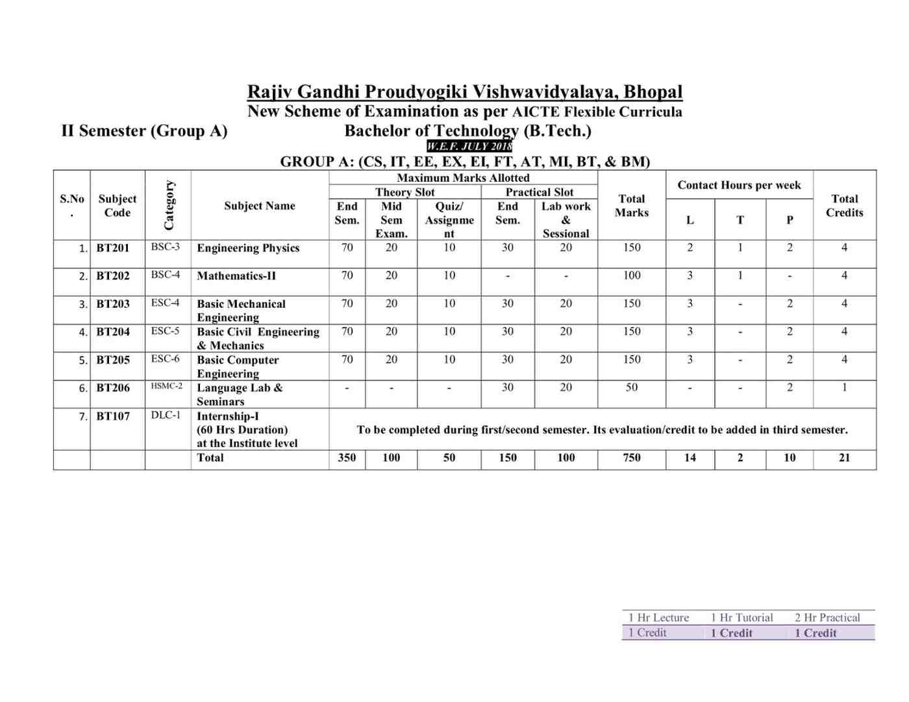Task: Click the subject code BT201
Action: (113, 248)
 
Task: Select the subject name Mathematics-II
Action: (236, 276)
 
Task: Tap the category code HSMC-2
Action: (167, 386)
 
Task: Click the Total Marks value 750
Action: (632, 458)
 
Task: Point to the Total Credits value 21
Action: (844, 458)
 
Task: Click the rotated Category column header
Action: (169, 205)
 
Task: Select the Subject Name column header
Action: (260, 206)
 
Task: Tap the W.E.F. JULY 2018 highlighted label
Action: (469, 146)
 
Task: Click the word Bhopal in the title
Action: (653, 92)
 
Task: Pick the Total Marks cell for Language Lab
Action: (632, 388)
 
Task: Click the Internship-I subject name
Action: (228, 416)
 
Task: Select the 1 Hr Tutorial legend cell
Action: (741, 618)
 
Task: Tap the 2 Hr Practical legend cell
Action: (827, 618)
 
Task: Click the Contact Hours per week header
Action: (739, 185)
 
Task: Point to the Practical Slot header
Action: (540, 192)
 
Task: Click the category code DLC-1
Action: (166, 415)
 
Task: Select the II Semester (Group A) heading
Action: (144, 131)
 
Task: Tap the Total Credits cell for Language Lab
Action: (844, 388)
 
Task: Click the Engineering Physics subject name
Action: (248, 248)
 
